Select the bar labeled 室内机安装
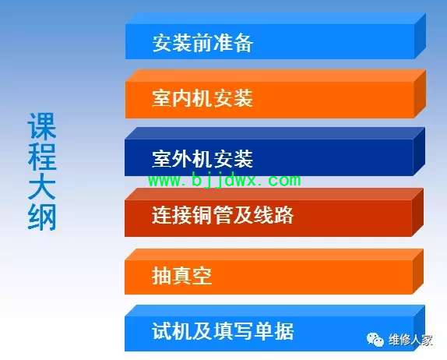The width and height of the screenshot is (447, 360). [x=275, y=94]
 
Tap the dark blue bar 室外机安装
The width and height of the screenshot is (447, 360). [x=275, y=152]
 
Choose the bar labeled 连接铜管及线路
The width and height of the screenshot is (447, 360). [x=273, y=213]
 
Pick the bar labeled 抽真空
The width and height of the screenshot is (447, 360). [x=273, y=272]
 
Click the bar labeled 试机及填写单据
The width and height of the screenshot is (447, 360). [x=275, y=328]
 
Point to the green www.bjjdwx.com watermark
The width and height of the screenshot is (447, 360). [x=224, y=180]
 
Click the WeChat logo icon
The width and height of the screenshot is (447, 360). [x=375, y=340]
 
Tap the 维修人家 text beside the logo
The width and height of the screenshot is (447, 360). [x=411, y=340]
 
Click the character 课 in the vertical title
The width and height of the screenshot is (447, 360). [x=42, y=125]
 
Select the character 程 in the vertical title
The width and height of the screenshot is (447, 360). [x=42, y=156]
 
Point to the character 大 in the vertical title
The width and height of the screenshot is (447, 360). [x=42, y=185]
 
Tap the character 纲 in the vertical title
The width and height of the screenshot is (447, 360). [x=42, y=216]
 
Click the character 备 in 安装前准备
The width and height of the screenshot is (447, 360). [x=243, y=43]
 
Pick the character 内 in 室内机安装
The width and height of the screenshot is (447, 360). [x=182, y=98]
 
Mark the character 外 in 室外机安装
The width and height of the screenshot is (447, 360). [x=182, y=159]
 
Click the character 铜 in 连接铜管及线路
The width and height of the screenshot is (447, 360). [x=202, y=215]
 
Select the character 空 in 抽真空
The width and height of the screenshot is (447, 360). [x=202, y=276]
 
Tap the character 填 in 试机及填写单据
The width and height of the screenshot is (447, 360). [x=223, y=331]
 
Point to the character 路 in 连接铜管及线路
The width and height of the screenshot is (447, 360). [x=284, y=215]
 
